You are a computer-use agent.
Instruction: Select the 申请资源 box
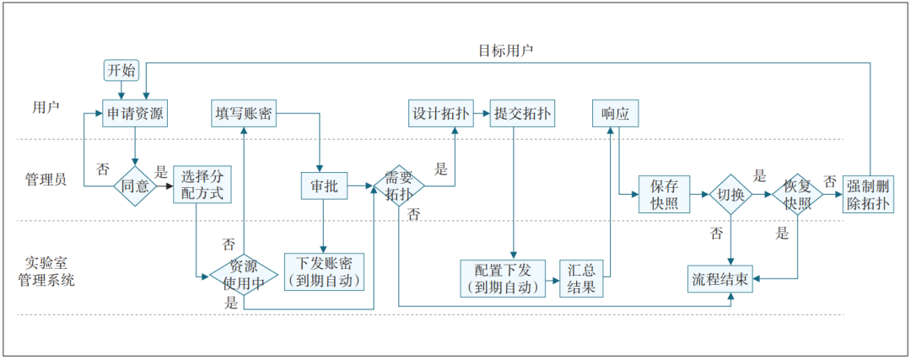(x=133, y=114)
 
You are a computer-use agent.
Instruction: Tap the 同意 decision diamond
(x=135, y=185)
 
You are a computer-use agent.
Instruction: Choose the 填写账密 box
(x=244, y=114)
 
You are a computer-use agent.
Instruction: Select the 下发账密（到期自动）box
(x=325, y=272)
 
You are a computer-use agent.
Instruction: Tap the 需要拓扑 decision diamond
(x=398, y=185)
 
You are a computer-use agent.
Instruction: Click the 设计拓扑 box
(x=439, y=114)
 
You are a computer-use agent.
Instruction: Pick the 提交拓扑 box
(x=522, y=114)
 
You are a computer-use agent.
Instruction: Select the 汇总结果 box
(x=582, y=278)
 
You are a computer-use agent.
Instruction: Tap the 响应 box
(x=616, y=114)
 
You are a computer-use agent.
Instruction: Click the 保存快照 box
(x=664, y=195)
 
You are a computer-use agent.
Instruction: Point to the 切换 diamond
(x=730, y=195)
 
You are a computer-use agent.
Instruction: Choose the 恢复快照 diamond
(x=797, y=195)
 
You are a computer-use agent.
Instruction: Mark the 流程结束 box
(x=723, y=278)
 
